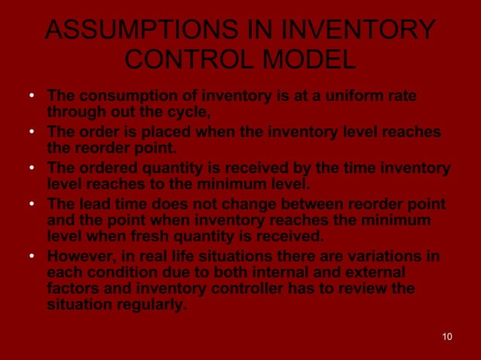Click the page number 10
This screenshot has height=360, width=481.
[447, 337]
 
